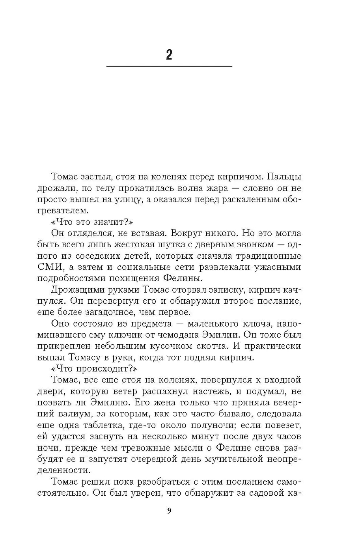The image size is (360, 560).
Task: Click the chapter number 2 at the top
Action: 169,55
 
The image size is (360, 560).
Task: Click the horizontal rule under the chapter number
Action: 169,67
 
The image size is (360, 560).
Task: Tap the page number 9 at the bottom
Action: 169,511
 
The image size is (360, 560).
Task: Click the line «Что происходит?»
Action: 94,368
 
